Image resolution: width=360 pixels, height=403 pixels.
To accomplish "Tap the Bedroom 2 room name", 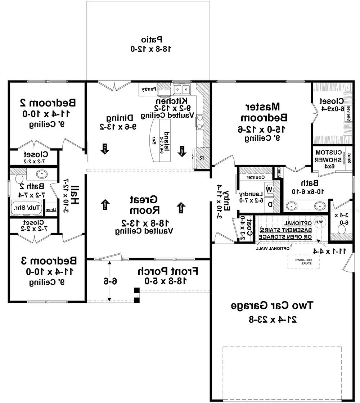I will [x=48, y=103].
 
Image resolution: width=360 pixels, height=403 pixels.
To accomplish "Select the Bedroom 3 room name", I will [x=48, y=260].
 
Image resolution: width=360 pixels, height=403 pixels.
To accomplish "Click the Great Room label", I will [x=144, y=204].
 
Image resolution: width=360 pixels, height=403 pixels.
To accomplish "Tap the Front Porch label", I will [x=168, y=271].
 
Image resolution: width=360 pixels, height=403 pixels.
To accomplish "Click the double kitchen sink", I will [x=181, y=89].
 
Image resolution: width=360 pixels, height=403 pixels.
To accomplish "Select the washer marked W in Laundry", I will [x=269, y=188].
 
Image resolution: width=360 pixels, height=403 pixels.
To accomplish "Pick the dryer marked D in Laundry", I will [x=269, y=204].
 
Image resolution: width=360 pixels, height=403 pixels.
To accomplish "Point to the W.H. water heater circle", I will [x=318, y=222].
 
